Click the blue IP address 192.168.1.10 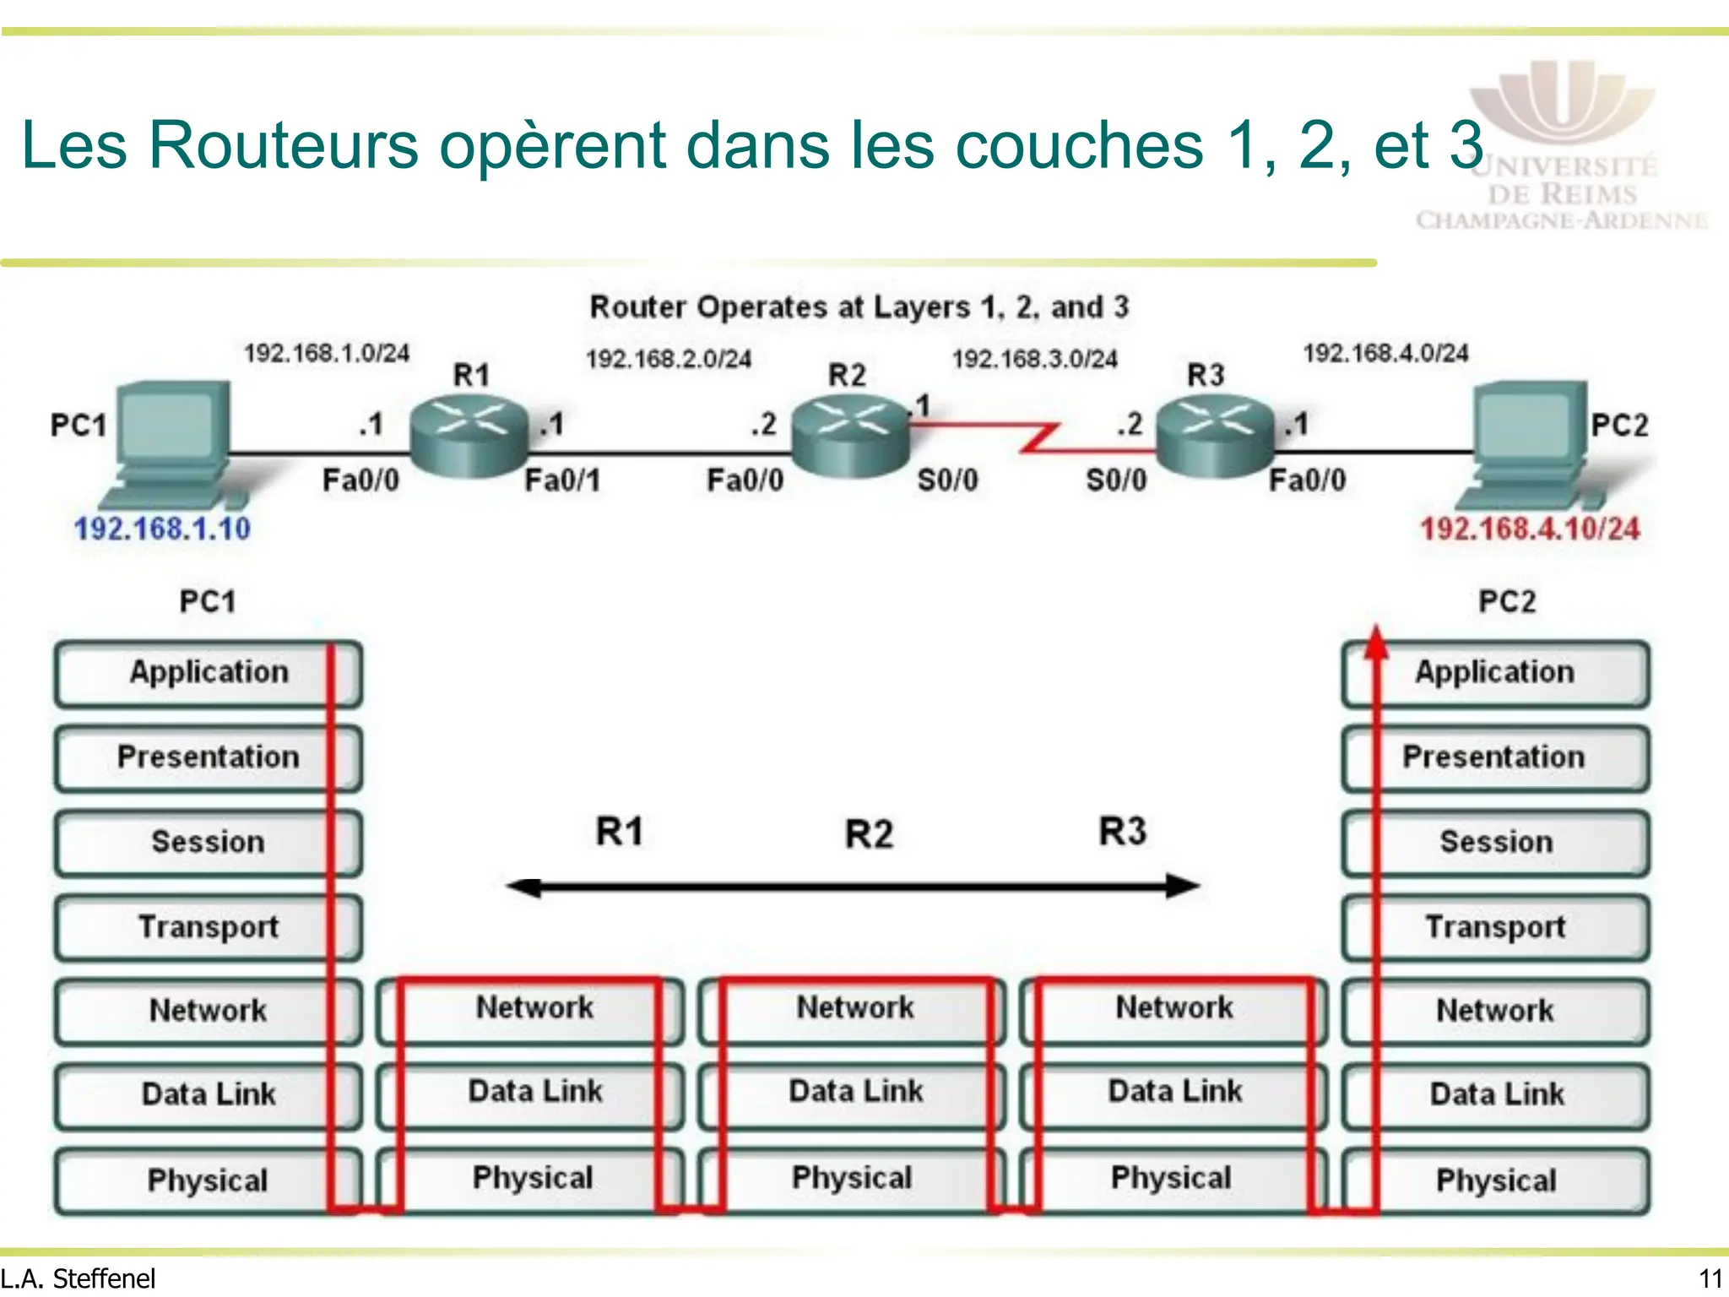(162, 529)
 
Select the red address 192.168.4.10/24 (1530, 529)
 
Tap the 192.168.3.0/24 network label (1035, 360)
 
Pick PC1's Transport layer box (209, 927)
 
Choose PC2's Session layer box (1496, 842)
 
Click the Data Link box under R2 (855, 1092)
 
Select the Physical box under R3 (1172, 1178)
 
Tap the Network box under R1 (534, 1007)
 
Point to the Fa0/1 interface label (562, 480)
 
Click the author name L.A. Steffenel (79, 1279)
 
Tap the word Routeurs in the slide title (284, 145)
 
